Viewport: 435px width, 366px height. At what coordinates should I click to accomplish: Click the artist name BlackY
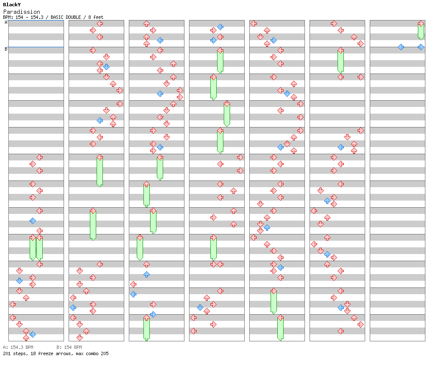coord(12,5)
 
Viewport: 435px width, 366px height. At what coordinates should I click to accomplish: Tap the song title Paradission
coord(22,12)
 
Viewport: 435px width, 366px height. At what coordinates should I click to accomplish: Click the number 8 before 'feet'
coord(90,17)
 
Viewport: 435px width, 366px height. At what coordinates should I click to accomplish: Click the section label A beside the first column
coord(6,22)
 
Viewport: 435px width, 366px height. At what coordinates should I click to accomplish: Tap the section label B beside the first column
coord(6,49)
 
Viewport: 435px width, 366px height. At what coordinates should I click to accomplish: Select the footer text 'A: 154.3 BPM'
coord(18,347)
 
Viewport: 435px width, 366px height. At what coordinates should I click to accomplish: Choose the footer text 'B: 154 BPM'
coord(69,347)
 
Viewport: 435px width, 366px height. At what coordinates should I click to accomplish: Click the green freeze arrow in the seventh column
coord(421,30)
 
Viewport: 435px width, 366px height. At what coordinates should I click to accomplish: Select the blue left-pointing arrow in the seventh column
coord(401,47)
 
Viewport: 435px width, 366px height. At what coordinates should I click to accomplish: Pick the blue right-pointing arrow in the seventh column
coord(421,47)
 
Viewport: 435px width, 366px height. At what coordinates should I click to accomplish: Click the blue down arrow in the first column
coord(19,281)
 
